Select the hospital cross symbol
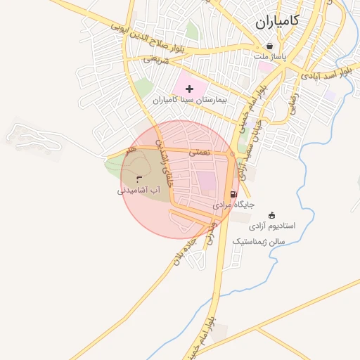189,89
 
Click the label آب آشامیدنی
139,190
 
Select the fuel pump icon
233,194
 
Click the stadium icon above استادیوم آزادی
272,215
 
